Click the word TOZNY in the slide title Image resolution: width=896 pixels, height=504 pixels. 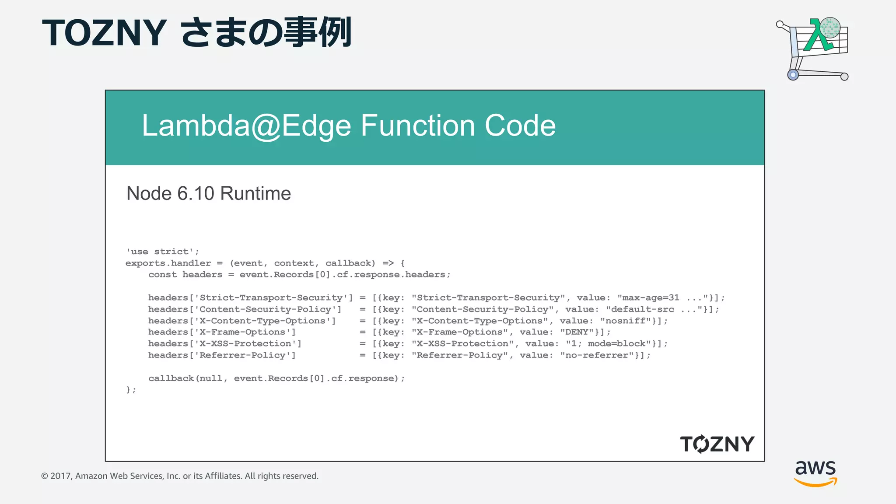tap(104, 33)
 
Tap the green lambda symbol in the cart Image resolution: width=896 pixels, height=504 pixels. tap(817, 36)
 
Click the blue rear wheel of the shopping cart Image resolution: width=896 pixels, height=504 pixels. tap(793, 75)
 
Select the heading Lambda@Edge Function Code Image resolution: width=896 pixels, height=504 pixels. tap(349, 126)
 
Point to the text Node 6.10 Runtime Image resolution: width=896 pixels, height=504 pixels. tap(208, 193)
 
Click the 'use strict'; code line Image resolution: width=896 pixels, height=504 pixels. tap(162, 252)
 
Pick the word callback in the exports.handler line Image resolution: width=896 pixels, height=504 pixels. tap(350, 263)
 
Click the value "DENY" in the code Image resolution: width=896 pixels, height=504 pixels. tap(577, 332)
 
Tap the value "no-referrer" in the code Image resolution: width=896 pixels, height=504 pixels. tap(597, 355)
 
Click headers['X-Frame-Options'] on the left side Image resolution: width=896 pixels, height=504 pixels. tap(222, 332)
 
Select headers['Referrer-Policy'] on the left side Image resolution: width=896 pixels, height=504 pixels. tap(222, 355)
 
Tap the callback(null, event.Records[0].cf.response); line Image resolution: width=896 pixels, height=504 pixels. tap(276, 378)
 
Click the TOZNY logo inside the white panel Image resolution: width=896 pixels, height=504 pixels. tap(717, 444)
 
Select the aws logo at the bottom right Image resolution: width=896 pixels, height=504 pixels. tap(815, 472)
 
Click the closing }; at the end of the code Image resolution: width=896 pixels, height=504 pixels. tap(131, 389)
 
